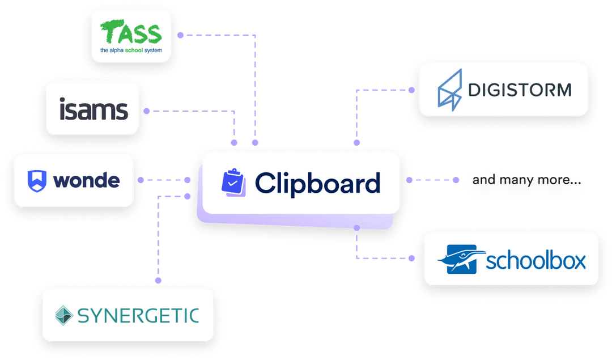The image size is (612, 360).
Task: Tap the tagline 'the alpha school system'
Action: [x=131, y=50]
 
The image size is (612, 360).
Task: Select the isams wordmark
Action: [x=93, y=109]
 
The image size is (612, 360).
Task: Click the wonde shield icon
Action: [x=37, y=180]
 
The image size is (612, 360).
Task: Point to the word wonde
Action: [x=86, y=180]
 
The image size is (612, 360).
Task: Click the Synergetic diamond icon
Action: [x=64, y=315]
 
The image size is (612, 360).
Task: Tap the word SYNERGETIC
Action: [x=138, y=315]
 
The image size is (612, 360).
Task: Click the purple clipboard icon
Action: [x=233, y=182]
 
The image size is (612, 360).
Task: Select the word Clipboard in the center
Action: [x=317, y=183]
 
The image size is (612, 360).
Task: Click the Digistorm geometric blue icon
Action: [x=450, y=88]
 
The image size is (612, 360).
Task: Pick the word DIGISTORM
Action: [x=519, y=90]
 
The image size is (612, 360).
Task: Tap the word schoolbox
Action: [x=535, y=260]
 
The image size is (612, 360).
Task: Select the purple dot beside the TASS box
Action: [x=180, y=35]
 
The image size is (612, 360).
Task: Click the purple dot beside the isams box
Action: [x=147, y=111]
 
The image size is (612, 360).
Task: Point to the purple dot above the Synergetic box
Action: [x=159, y=280]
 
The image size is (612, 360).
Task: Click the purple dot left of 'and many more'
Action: [x=456, y=180]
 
